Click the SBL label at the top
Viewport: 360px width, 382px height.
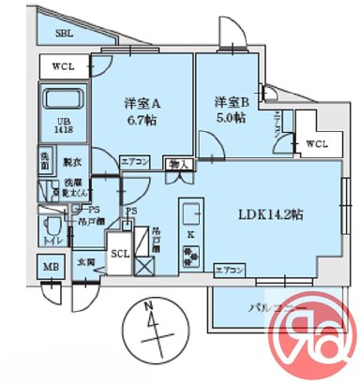(65, 32)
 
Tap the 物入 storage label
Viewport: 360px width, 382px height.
(179, 165)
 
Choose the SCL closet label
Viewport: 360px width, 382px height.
(120, 253)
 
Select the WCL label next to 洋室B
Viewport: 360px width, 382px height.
(316, 143)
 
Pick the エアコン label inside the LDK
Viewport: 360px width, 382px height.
(230, 269)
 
